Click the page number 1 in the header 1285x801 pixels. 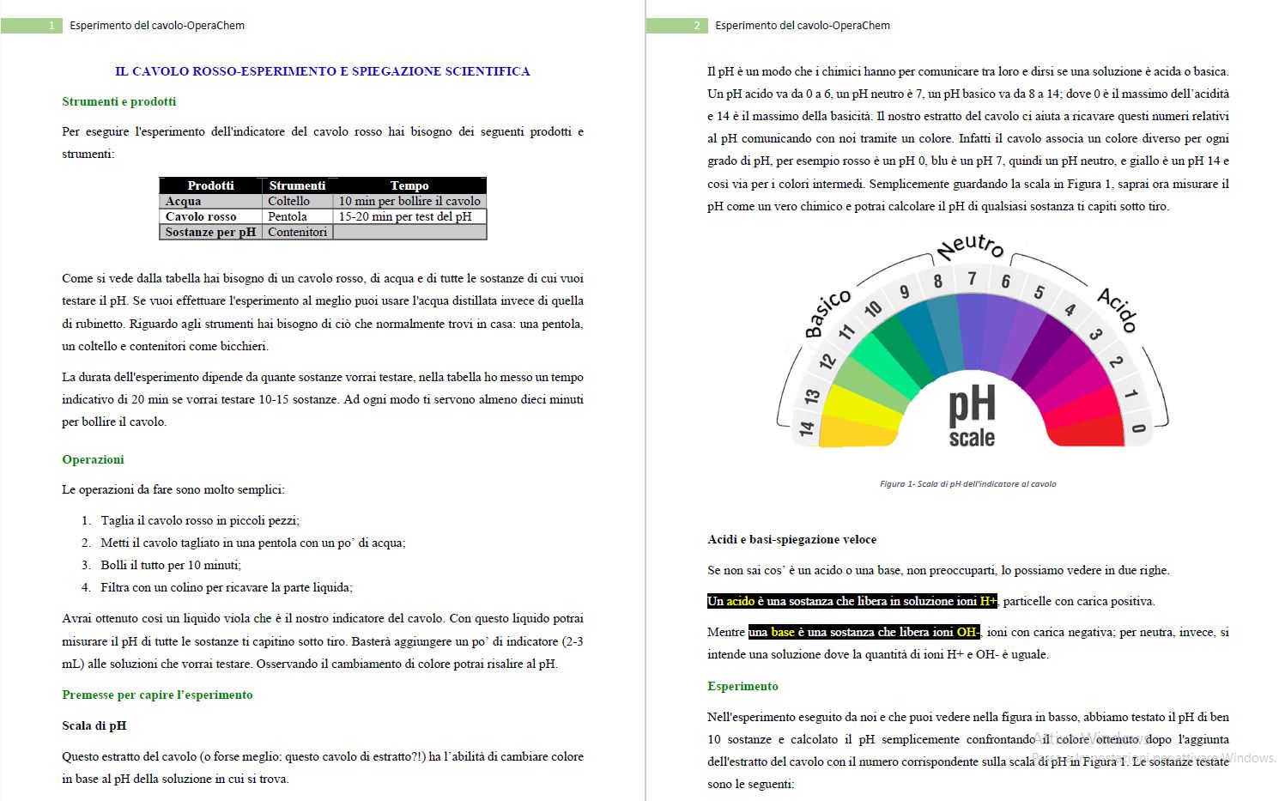[x=51, y=26]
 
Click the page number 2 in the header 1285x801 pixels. [x=696, y=26]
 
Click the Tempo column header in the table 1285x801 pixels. [x=409, y=185]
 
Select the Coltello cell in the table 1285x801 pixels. [x=288, y=201]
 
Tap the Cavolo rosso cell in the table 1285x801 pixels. [x=201, y=216]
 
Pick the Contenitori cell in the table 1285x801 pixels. [x=297, y=232]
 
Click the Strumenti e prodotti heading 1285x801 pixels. [x=119, y=101]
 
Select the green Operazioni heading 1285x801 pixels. [x=93, y=459]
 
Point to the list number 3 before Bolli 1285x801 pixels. [x=86, y=565]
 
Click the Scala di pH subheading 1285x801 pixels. [x=94, y=725]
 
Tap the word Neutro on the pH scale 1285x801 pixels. [x=970, y=247]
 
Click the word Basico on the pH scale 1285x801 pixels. [x=827, y=313]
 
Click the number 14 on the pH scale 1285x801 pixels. [x=806, y=428]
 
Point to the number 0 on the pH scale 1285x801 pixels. [x=1138, y=428]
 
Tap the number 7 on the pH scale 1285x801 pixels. [x=972, y=279]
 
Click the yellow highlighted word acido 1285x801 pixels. [x=740, y=601]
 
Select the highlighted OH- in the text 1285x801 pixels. [x=967, y=632]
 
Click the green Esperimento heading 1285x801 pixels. [x=743, y=686]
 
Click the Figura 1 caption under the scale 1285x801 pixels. [x=967, y=484]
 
